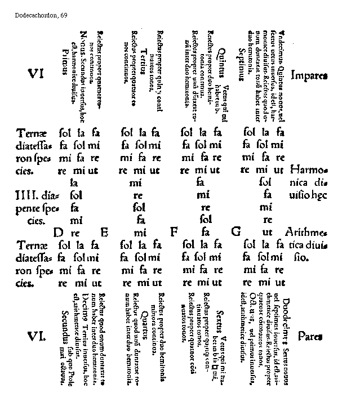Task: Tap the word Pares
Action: click(x=310, y=337)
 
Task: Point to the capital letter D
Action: click(x=58, y=232)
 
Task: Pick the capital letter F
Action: click(x=174, y=232)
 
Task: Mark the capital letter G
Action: click(x=235, y=232)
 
